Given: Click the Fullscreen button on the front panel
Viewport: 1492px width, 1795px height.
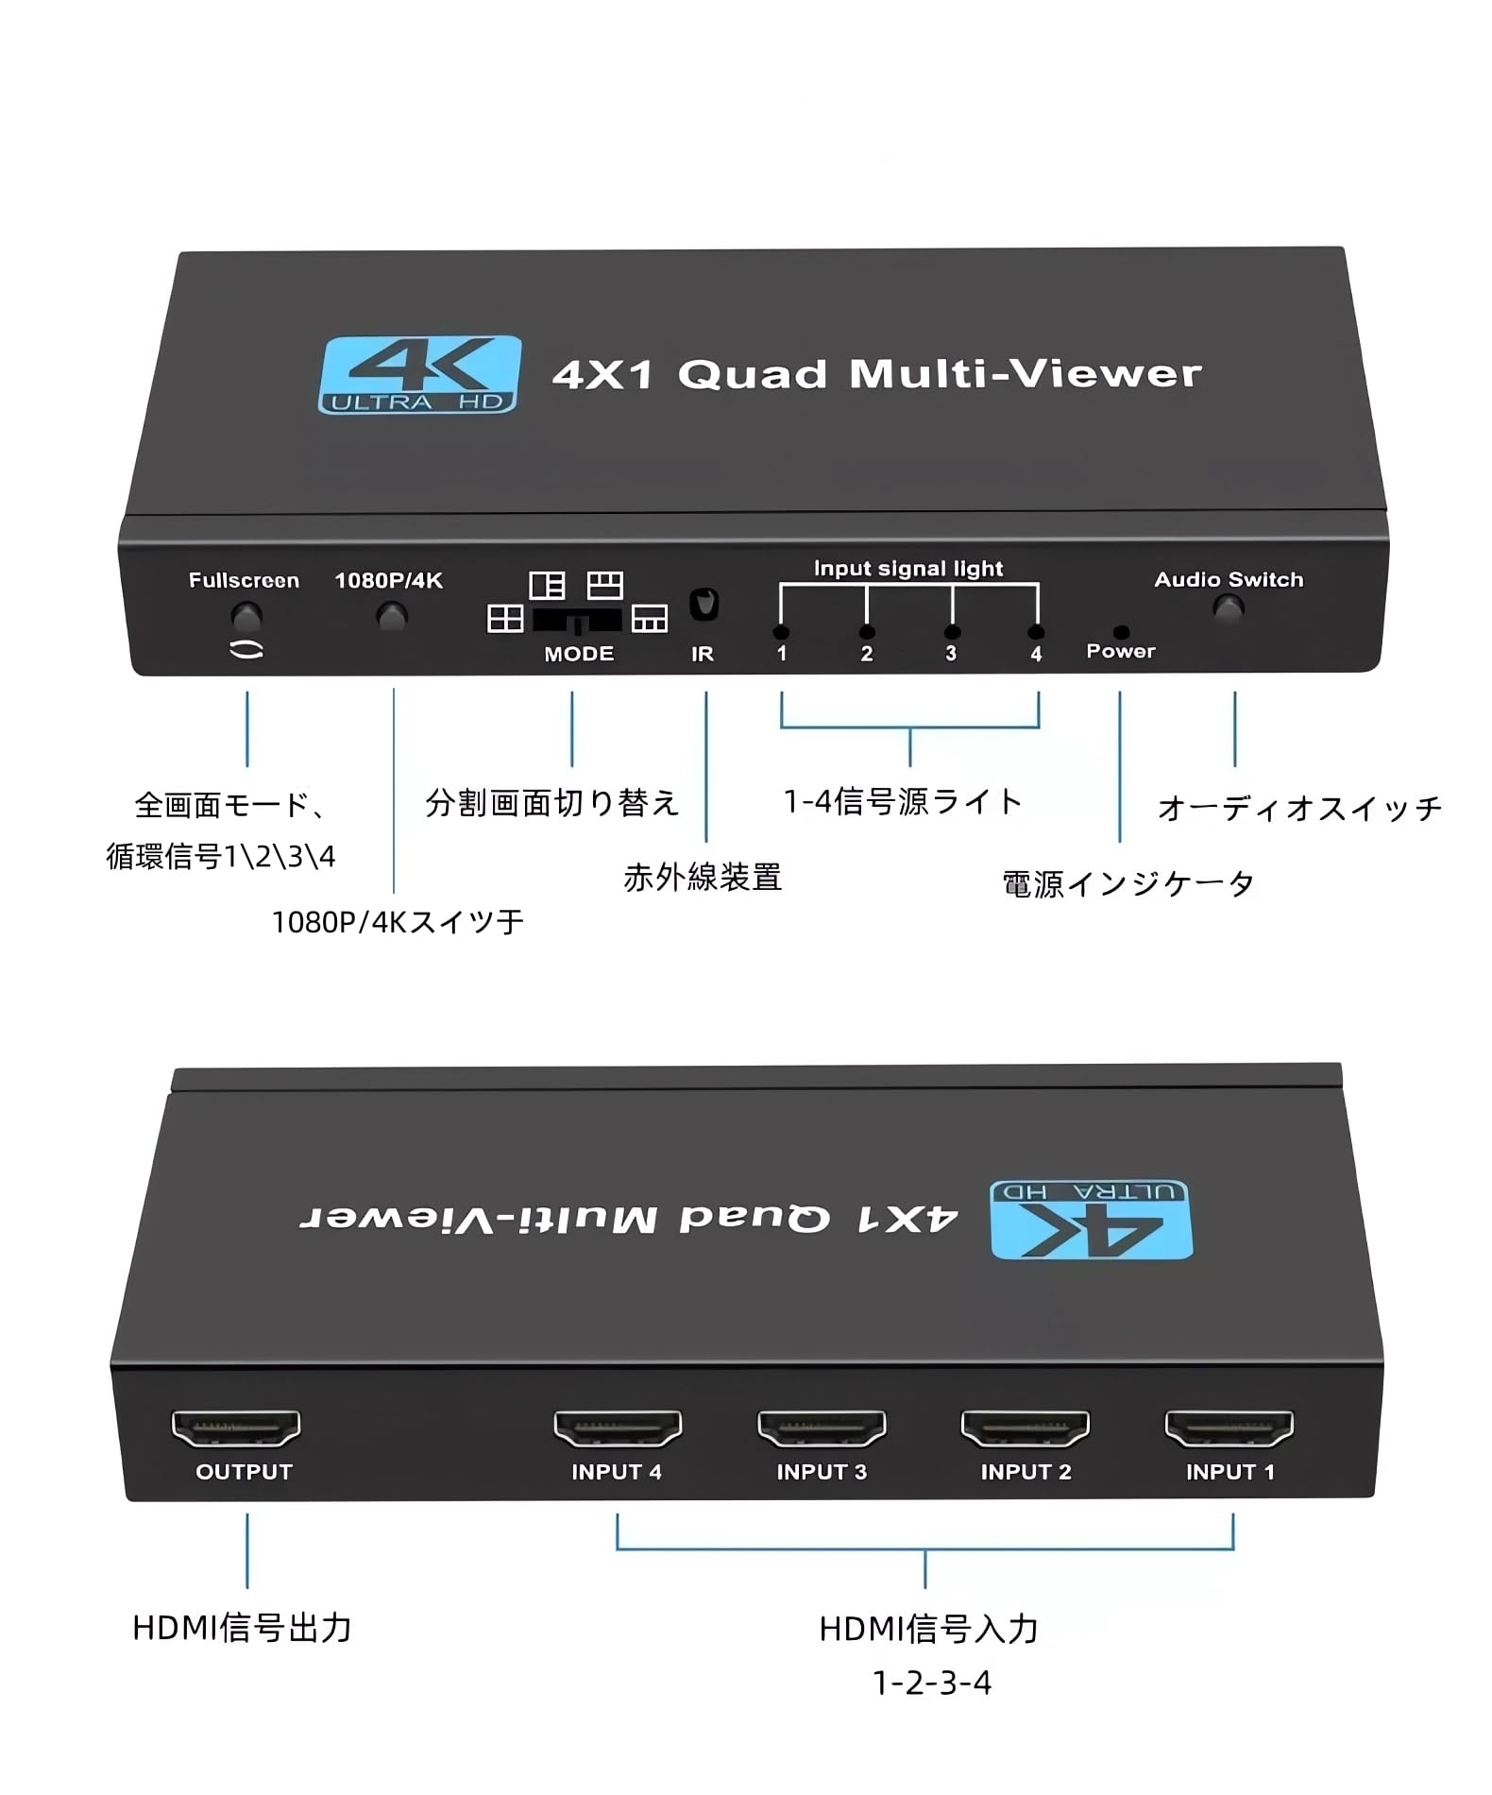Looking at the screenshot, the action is pyautogui.click(x=246, y=617).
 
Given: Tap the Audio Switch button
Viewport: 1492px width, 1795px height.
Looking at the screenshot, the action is pyautogui.click(x=1228, y=607).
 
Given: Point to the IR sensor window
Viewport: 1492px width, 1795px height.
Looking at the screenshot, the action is pyautogui.click(x=704, y=604).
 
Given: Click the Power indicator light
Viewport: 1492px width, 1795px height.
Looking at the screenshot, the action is pyautogui.click(x=1121, y=632).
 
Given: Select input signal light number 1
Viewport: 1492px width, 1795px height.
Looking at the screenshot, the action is pyautogui.click(x=781, y=632).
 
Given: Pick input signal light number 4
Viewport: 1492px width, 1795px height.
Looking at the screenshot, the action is pyautogui.click(x=1036, y=632).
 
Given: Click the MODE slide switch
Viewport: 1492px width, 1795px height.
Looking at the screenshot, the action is pyautogui.click(x=577, y=621).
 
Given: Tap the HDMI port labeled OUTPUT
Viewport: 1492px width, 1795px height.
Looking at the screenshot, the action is pyautogui.click(x=236, y=1427).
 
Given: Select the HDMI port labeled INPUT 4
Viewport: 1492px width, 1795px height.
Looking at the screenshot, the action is pyautogui.click(x=618, y=1427).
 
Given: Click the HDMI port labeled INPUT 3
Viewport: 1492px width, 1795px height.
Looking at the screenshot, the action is pyautogui.click(x=822, y=1427).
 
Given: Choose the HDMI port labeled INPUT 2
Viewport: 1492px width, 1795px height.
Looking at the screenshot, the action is pyautogui.click(x=1026, y=1427).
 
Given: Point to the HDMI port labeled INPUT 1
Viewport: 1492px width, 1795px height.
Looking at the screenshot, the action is pyautogui.click(x=1229, y=1427).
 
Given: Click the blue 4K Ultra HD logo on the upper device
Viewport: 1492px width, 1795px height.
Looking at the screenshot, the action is pyautogui.click(x=420, y=374).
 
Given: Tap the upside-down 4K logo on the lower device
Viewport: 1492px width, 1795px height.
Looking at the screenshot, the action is pyautogui.click(x=1091, y=1219).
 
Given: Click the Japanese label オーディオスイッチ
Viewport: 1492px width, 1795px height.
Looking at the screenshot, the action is pyautogui.click(x=1299, y=808).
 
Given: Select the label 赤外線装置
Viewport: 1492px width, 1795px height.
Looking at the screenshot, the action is pyautogui.click(x=703, y=878).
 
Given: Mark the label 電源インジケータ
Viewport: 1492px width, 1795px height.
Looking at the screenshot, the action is pyautogui.click(x=1128, y=884).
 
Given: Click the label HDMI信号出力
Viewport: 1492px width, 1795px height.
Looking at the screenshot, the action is pyautogui.click(x=243, y=1628).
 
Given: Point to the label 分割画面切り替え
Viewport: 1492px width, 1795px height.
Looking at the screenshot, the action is pyautogui.click(x=552, y=802).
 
